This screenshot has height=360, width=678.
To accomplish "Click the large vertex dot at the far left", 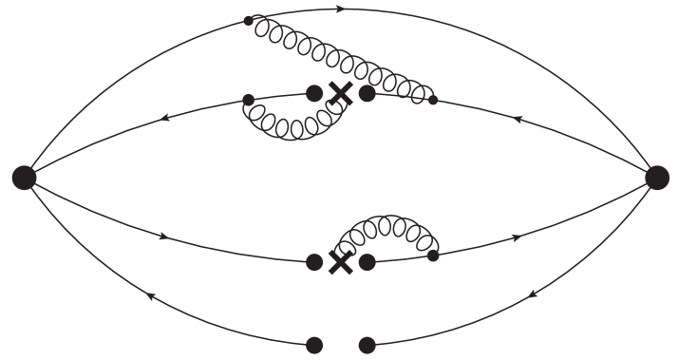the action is [x=25, y=176].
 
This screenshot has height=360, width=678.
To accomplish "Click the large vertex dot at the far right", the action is [x=656, y=176].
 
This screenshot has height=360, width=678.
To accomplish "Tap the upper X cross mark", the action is [x=340, y=93].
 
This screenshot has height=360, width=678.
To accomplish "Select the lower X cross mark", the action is [x=340, y=261].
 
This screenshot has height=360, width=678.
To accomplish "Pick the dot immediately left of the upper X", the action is [x=314, y=93].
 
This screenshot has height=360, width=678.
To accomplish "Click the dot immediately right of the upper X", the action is [x=367, y=93].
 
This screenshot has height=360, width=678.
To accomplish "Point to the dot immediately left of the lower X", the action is [x=314, y=261].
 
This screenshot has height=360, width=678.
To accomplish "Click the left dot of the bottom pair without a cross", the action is [x=314, y=345].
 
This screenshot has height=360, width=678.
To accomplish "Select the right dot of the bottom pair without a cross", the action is [x=367, y=345].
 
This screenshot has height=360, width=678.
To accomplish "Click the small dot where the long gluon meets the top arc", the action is [x=249, y=20].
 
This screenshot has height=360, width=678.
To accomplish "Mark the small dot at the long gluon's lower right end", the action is [x=433, y=99].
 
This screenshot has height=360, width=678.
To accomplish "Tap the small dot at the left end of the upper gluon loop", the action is [x=248, y=99].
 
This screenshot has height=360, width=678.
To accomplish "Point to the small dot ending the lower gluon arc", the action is [x=433, y=255].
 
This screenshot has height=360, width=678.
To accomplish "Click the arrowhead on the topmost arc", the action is [x=341, y=9].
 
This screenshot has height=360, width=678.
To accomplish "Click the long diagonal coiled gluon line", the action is [x=341, y=57].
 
